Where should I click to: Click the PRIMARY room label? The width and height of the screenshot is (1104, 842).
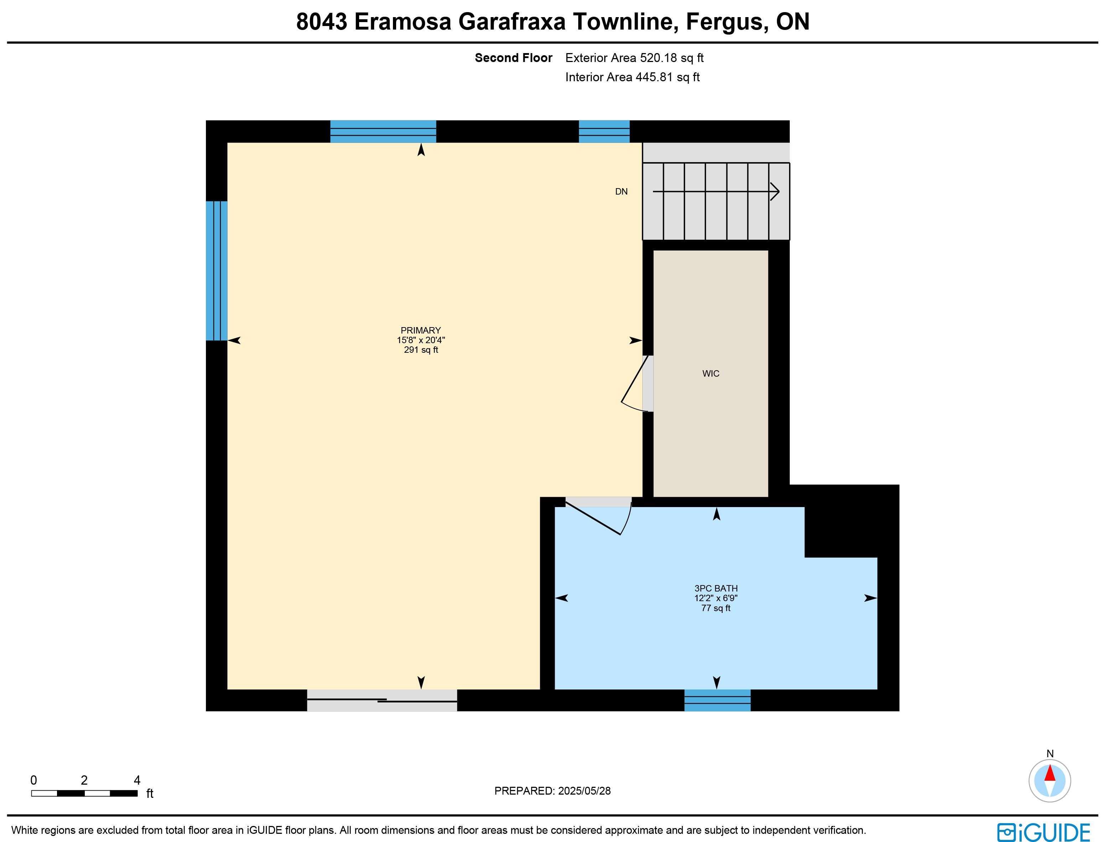click(420, 330)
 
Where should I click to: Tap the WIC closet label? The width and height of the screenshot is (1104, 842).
click(711, 373)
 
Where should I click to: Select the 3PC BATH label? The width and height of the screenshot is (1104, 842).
click(716, 588)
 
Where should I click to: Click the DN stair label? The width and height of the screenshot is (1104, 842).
click(621, 191)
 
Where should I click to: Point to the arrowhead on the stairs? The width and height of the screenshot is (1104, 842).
click(775, 191)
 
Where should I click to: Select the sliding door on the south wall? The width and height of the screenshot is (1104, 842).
click(382, 700)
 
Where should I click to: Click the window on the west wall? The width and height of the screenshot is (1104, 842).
click(217, 271)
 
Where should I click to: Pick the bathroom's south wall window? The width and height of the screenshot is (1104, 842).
click(717, 700)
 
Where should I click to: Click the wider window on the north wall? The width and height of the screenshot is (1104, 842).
click(383, 131)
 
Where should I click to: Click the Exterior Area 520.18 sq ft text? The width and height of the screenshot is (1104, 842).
click(634, 58)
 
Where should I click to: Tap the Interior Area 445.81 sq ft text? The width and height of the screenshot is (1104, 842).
click(632, 77)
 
